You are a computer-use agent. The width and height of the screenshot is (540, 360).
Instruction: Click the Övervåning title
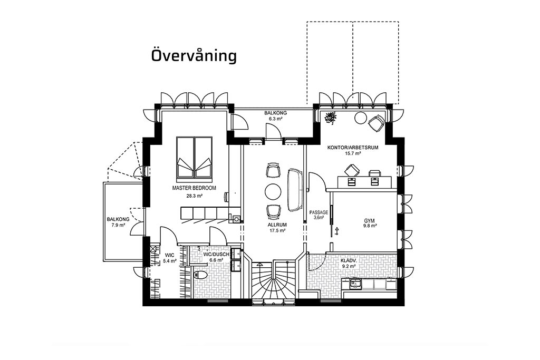click(x=194, y=56)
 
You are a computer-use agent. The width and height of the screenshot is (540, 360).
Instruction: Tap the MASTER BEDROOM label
click(x=194, y=188)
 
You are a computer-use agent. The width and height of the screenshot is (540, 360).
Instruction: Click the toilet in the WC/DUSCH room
click(x=200, y=274)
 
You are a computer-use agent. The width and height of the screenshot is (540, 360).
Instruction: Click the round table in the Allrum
click(x=273, y=191)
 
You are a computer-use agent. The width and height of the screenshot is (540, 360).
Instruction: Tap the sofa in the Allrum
click(x=295, y=190)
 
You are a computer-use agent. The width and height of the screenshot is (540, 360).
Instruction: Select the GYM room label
click(x=369, y=221)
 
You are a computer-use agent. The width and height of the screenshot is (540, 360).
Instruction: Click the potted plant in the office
click(x=331, y=118)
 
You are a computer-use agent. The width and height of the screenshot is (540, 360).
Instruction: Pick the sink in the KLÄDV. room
click(x=355, y=284)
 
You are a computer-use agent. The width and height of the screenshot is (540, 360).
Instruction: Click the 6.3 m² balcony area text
click(x=275, y=119)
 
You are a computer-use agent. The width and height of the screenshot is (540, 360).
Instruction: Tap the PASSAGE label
click(x=319, y=212)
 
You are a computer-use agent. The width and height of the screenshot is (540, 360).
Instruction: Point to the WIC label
click(x=169, y=255)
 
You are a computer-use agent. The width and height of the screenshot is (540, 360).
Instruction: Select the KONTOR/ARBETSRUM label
click(x=353, y=148)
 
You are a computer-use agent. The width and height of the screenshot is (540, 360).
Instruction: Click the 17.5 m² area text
click(x=277, y=230)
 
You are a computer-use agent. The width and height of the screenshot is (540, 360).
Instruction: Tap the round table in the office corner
click(x=361, y=118)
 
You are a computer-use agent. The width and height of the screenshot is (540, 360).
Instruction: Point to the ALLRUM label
click(x=277, y=225)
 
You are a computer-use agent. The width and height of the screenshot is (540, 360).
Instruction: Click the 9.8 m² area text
click(x=370, y=226)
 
